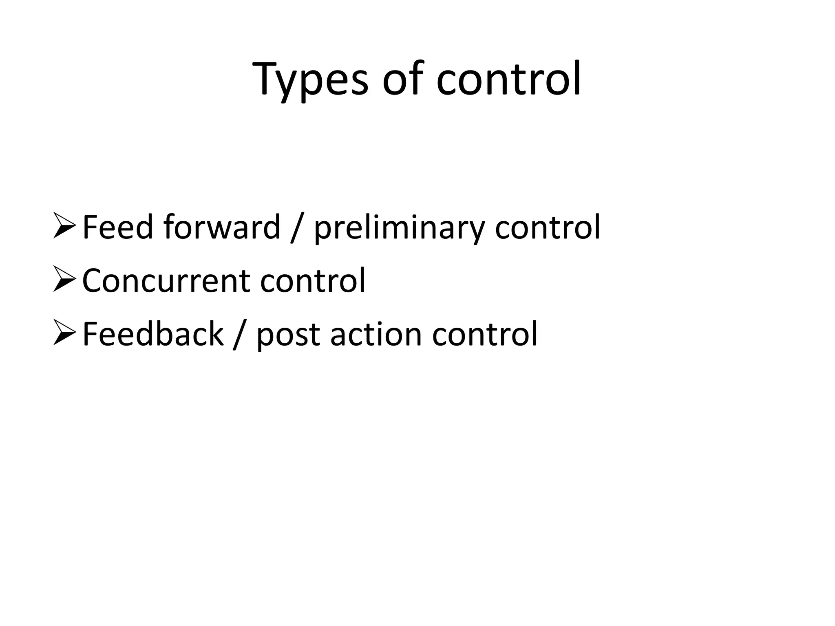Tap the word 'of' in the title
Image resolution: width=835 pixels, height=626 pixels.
(x=402, y=79)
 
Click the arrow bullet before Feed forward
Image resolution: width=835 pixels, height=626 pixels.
(x=64, y=227)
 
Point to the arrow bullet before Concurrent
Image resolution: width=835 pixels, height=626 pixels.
(x=64, y=280)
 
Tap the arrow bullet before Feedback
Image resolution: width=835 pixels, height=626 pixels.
(x=64, y=334)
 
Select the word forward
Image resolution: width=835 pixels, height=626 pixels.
(x=222, y=227)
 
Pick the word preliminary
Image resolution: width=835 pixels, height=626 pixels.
(x=399, y=228)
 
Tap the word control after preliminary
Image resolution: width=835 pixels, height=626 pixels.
(x=548, y=227)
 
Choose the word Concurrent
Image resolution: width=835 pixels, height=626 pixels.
(x=166, y=281)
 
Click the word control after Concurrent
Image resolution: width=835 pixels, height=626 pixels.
(x=313, y=280)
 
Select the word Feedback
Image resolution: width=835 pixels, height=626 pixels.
(x=153, y=334)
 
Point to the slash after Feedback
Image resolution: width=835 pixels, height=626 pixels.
(x=240, y=335)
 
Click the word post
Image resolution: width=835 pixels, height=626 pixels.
(x=288, y=336)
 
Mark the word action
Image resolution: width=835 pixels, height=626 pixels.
(x=376, y=334)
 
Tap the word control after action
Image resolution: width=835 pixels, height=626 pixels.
(x=485, y=334)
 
